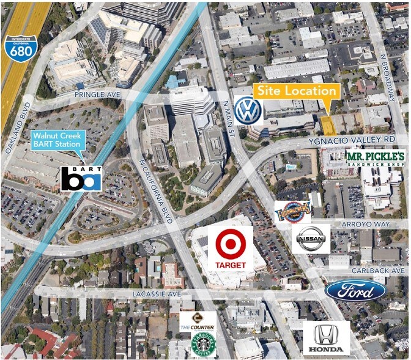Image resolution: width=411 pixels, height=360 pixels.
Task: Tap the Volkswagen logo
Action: point(248,110)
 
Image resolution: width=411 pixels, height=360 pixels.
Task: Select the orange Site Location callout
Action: point(297,91)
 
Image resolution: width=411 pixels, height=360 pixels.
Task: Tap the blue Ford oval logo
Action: point(355,290)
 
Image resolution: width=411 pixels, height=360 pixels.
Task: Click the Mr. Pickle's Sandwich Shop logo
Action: point(376,159)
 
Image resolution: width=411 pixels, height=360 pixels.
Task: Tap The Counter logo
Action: point(198,321)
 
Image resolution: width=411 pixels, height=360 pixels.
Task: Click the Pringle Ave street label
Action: point(95,95)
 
